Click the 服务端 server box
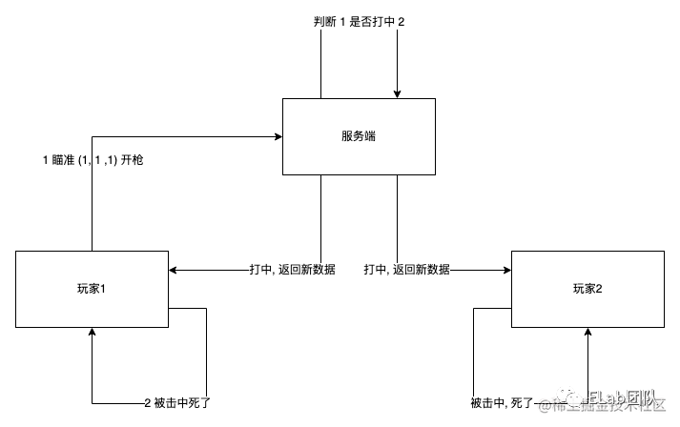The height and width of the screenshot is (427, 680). (359, 136)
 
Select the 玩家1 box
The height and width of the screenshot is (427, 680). (92, 289)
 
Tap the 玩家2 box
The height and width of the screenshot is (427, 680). (587, 289)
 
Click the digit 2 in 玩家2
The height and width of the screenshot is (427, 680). (599, 289)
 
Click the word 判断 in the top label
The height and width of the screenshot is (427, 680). (325, 22)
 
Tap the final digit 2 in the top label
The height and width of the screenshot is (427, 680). (401, 22)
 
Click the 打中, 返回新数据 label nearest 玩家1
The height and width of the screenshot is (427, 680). (292, 270)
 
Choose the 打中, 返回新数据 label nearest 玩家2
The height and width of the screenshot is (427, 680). (406, 270)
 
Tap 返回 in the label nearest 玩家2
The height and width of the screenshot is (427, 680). (403, 270)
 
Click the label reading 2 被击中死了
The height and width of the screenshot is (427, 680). (177, 403)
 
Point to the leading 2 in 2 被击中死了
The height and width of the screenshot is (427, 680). (148, 403)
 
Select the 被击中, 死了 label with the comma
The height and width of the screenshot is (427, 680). (502, 403)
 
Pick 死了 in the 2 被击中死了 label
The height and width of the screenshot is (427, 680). (199, 403)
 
